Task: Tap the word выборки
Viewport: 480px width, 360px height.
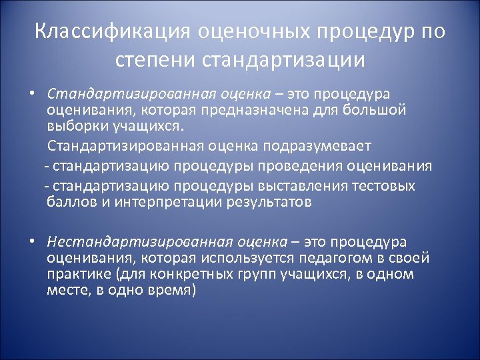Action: tap(74, 125)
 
